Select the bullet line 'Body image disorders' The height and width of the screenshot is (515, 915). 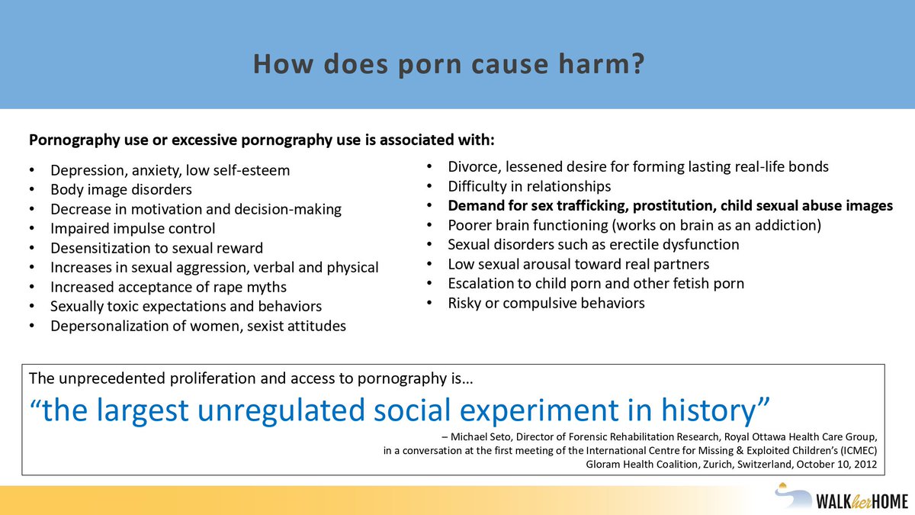point(121,189)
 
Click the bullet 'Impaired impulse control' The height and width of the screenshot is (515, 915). point(133,228)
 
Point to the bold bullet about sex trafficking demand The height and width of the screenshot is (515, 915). point(669,205)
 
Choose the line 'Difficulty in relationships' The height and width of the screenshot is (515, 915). point(529,186)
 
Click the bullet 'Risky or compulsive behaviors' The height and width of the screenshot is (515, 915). point(546,303)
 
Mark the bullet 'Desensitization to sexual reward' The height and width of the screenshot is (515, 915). point(156,248)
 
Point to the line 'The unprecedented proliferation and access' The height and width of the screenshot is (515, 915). point(255,378)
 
